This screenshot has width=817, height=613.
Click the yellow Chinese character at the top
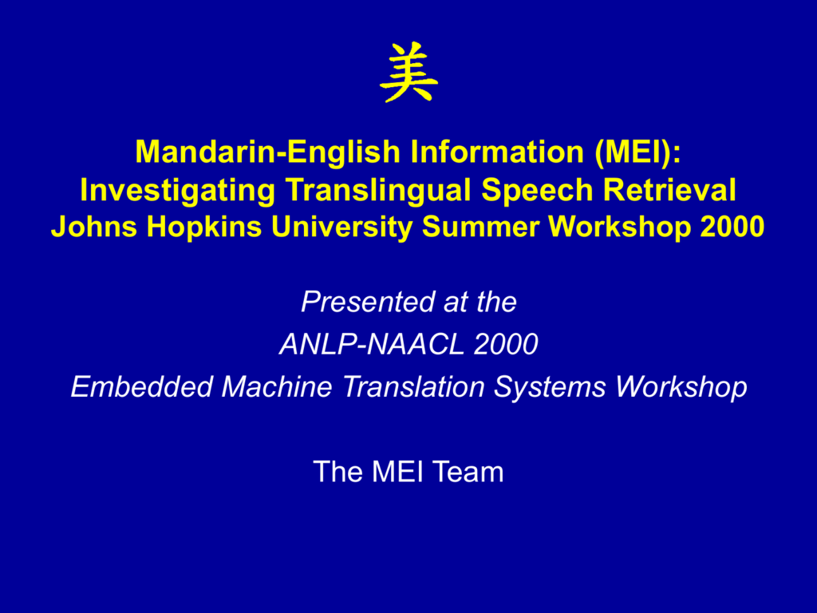(408, 72)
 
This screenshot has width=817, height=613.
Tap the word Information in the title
(497, 151)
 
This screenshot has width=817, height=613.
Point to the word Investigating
(178, 191)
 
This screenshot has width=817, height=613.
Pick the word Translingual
(377, 191)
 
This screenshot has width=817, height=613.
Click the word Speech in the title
(537, 191)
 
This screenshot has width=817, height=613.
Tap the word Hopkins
(203, 227)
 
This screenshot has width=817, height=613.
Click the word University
(341, 227)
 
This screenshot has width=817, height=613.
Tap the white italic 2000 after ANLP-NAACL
(505, 344)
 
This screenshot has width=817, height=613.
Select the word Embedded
(142, 387)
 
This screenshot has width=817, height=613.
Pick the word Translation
(413, 387)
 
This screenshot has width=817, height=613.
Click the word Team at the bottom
(468, 472)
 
